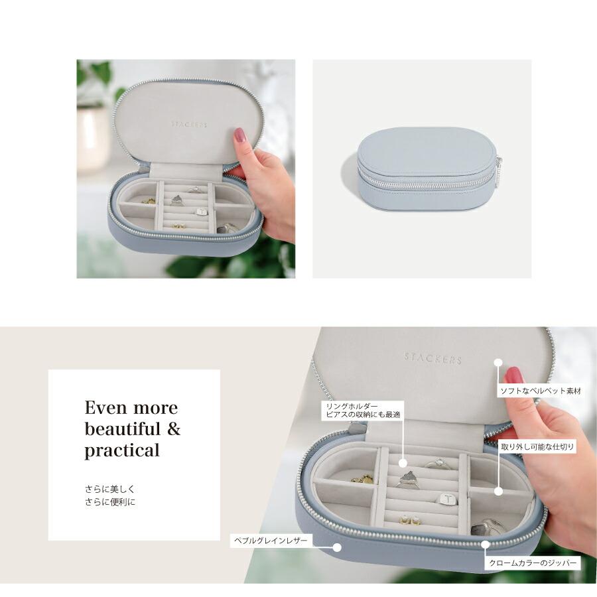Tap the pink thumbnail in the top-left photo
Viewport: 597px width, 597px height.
click(239, 135)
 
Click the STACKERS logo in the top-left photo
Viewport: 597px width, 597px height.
click(189, 125)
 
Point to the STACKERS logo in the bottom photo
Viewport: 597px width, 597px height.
click(433, 358)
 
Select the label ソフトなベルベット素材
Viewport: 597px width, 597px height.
click(540, 391)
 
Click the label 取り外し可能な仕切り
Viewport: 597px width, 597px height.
click(537, 446)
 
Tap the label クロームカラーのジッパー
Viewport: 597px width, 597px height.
click(532, 563)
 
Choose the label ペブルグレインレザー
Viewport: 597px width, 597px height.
click(271, 541)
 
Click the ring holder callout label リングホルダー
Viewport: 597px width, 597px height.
click(352, 407)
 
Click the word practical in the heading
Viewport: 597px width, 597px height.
click(122, 450)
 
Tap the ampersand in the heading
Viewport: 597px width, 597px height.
click(174, 429)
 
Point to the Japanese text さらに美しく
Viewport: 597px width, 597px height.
click(110, 489)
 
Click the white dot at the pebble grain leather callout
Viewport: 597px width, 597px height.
click(336, 547)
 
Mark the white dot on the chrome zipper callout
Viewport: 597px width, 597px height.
click(485, 545)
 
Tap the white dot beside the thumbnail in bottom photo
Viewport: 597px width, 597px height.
click(498, 362)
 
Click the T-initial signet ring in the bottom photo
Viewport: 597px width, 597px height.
click(444, 498)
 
